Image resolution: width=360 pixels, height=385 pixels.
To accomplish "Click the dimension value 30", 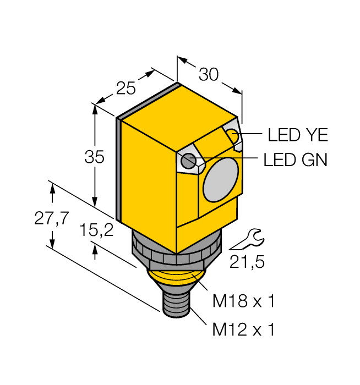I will click(x=209, y=74).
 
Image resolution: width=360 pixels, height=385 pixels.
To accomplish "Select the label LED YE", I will click(x=297, y=135).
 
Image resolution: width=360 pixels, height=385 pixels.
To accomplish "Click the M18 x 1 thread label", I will click(x=243, y=301).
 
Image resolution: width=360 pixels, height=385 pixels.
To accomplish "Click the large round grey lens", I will click(x=221, y=179).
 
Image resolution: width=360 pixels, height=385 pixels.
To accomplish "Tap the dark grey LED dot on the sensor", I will click(x=189, y=161).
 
